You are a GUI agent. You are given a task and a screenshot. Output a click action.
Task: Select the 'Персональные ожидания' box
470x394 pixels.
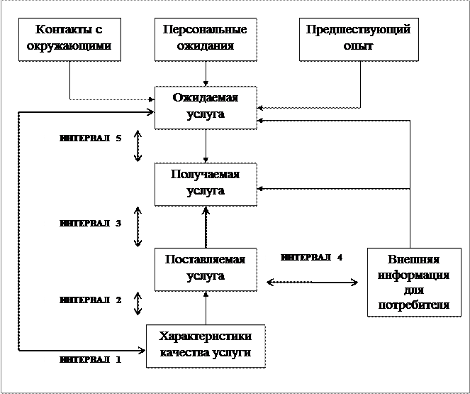pyautogui.click(x=204, y=39)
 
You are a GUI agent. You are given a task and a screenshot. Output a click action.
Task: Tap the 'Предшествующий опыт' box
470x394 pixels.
pyautogui.click(x=358, y=39)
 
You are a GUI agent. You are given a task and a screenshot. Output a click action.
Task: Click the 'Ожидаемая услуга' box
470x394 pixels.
pyautogui.click(x=205, y=106)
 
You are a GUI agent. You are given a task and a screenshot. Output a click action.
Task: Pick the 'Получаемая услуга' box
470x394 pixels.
pyautogui.click(x=205, y=184)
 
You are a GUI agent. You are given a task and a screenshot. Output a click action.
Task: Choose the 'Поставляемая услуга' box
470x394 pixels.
pyautogui.click(x=205, y=268)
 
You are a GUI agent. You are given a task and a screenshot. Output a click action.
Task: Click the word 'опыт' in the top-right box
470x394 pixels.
pyautogui.click(x=358, y=47)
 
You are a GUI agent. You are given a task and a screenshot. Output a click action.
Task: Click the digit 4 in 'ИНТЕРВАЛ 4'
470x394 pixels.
pyautogui.click(x=340, y=258)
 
